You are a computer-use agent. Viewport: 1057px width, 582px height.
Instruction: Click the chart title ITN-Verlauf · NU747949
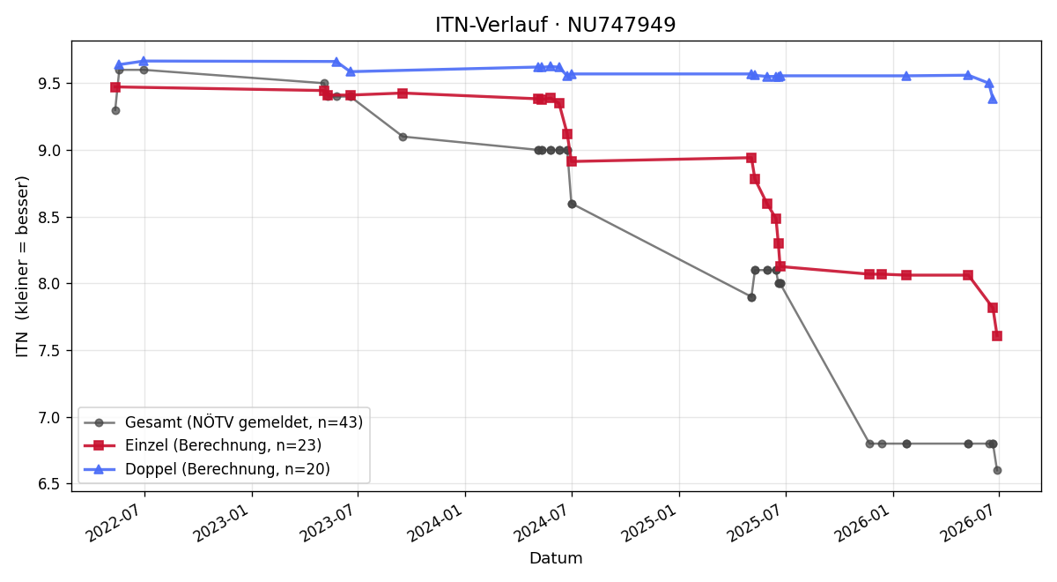[x=556, y=25]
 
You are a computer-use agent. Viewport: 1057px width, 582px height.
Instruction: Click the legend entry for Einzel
[x=203, y=445]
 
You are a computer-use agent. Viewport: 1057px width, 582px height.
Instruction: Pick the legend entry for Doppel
[x=207, y=469]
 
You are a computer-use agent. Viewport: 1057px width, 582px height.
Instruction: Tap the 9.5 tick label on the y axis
[x=49, y=84]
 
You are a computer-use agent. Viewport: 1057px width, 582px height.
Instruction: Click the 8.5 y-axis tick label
[x=49, y=217]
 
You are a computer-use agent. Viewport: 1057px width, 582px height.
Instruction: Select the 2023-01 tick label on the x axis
[x=222, y=521]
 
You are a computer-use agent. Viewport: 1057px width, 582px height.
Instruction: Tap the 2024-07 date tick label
[x=542, y=521]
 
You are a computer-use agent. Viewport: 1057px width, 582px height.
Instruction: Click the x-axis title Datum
[x=556, y=558]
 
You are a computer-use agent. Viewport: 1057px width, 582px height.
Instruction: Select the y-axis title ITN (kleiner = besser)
[x=22, y=266]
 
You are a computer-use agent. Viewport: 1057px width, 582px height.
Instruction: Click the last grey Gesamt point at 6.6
[x=997, y=471]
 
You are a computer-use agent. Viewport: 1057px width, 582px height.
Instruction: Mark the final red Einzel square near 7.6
[x=997, y=336]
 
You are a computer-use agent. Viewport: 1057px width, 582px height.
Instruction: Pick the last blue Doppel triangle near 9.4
[x=993, y=99]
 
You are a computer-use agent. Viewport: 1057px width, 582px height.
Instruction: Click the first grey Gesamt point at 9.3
[x=115, y=110]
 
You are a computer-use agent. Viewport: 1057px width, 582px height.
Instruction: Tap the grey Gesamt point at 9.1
[x=403, y=137]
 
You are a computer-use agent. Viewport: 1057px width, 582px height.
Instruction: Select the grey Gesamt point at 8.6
[x=572, y=204]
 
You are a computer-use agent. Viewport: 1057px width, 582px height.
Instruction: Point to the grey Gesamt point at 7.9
[x=751, y=298]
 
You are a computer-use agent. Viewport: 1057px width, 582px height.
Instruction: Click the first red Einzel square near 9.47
[x=115, y=87]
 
